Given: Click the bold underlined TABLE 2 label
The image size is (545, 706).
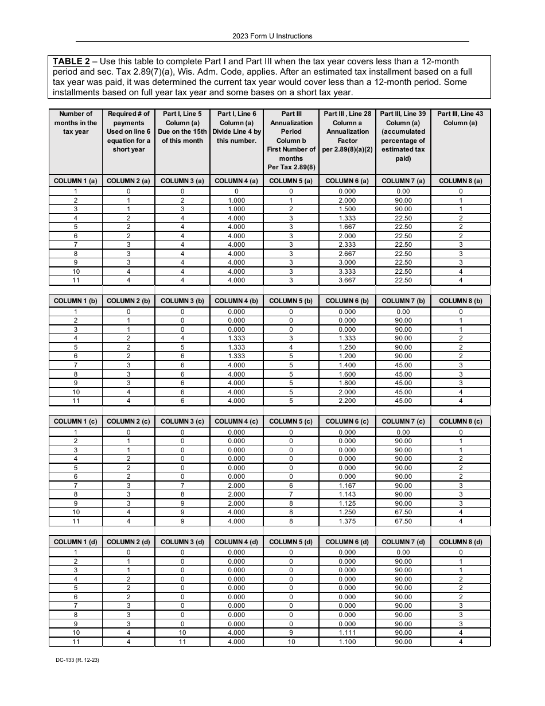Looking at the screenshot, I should tap(71, 61).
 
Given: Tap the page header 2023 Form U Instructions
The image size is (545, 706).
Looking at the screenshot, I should tap(272, 36).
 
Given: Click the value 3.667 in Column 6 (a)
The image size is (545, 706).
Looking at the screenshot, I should tap(347, 280).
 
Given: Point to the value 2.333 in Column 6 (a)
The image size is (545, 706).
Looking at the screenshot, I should tap(347, 245).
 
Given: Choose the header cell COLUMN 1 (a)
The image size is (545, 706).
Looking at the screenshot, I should tap(76, 181).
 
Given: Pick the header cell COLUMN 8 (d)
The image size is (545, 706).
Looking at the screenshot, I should tap(460, 542).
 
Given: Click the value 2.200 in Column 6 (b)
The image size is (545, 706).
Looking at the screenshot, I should tap(347, 401).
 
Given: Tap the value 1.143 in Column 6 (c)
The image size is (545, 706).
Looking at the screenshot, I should tap(347, 494).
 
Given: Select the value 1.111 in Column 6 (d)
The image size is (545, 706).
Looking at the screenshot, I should tap(347, 633).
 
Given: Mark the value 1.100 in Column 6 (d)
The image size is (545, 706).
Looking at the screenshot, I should tap(347, 642).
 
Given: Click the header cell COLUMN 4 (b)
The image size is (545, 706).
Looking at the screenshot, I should tap(236, 301).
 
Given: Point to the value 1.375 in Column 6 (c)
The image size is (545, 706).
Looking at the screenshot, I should tap(347, 521).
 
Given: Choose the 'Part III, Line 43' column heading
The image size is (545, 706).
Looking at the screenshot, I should tap(460, 118).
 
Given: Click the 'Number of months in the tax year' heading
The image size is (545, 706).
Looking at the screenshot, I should tap(76, 123).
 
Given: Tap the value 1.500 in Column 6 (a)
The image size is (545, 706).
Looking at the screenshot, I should tap(347, 209).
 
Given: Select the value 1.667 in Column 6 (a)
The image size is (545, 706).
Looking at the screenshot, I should tap(347, 227).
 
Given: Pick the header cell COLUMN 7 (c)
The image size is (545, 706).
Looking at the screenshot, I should tap(403, 421).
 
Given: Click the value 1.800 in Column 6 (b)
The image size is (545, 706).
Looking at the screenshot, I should tap(347, 383).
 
